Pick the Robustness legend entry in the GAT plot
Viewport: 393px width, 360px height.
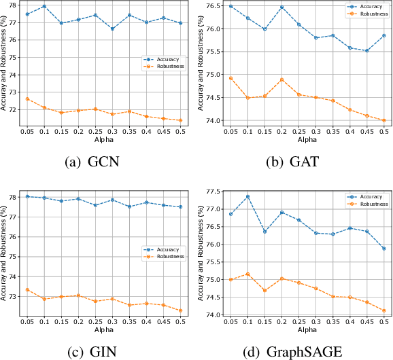[364, 13]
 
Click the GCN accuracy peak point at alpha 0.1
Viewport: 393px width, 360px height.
[44, 6]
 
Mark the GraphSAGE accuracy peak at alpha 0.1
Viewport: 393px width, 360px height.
[247, 196]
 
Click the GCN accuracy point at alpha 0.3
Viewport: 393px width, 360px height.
[112, 29]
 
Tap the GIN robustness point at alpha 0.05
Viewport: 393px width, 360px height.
[27, 289]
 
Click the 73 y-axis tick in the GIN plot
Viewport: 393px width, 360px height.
[12, 297]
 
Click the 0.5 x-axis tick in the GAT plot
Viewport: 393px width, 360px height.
[384, 131]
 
